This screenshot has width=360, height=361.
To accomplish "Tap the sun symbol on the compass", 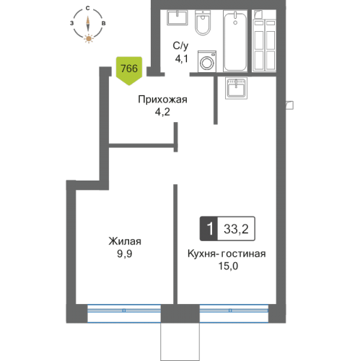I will (x=88, y=38).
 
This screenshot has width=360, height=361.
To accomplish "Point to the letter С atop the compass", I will (x=88, y=8).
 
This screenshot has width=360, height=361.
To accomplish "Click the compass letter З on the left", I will (x=71, y=24).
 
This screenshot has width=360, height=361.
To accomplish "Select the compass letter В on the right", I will (x=105, y=24).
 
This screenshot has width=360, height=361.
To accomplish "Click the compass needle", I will (x=88, y=23).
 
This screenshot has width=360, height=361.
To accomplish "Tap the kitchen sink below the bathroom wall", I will (x=238, y=89).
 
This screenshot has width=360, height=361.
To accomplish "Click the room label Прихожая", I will (x=163, y=100).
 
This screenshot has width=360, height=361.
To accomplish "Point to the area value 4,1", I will (x=180, y=61).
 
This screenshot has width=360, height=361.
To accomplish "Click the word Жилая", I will (x=125, y=241).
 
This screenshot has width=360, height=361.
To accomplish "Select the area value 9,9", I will (x=125, y=254).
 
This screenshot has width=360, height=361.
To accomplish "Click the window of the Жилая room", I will (x=124, y=311).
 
